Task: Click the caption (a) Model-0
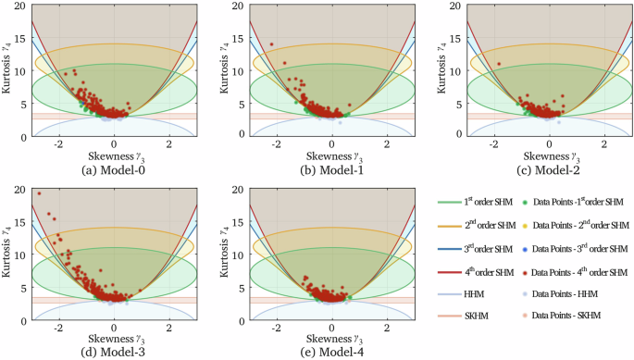[114, 170]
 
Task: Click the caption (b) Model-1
[331, 170]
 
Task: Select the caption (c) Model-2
[549, 170]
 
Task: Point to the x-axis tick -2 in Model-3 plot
[59, 330]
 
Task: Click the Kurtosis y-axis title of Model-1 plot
[222, 71]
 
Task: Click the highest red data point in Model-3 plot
[39, 193]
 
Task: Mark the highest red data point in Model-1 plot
[272, 44]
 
